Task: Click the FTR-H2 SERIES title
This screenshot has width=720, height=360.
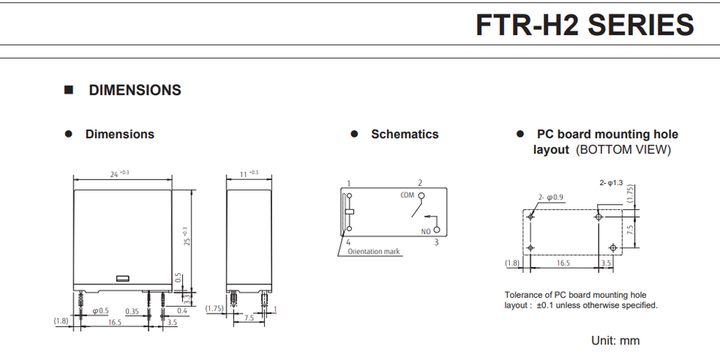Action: (585, 25)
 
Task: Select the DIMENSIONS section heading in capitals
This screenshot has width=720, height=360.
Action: (135, 90)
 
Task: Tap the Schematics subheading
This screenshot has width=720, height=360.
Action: (404, 134)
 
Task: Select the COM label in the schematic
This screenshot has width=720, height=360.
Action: (406, 194)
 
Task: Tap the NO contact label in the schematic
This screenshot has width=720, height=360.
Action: (426, 230)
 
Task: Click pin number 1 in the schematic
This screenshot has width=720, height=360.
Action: (349, 183)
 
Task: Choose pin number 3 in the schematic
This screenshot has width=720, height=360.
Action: (436, 241)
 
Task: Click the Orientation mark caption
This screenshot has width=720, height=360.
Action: (374, 252)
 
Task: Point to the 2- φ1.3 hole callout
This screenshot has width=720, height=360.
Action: (612, 183)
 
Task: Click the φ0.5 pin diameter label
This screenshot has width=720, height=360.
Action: (100, 310)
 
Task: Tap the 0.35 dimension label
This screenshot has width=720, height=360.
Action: (132, 310)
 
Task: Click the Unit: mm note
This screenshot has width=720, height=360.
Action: (615, 340)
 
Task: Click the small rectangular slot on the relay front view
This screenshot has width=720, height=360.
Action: (123, 278)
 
